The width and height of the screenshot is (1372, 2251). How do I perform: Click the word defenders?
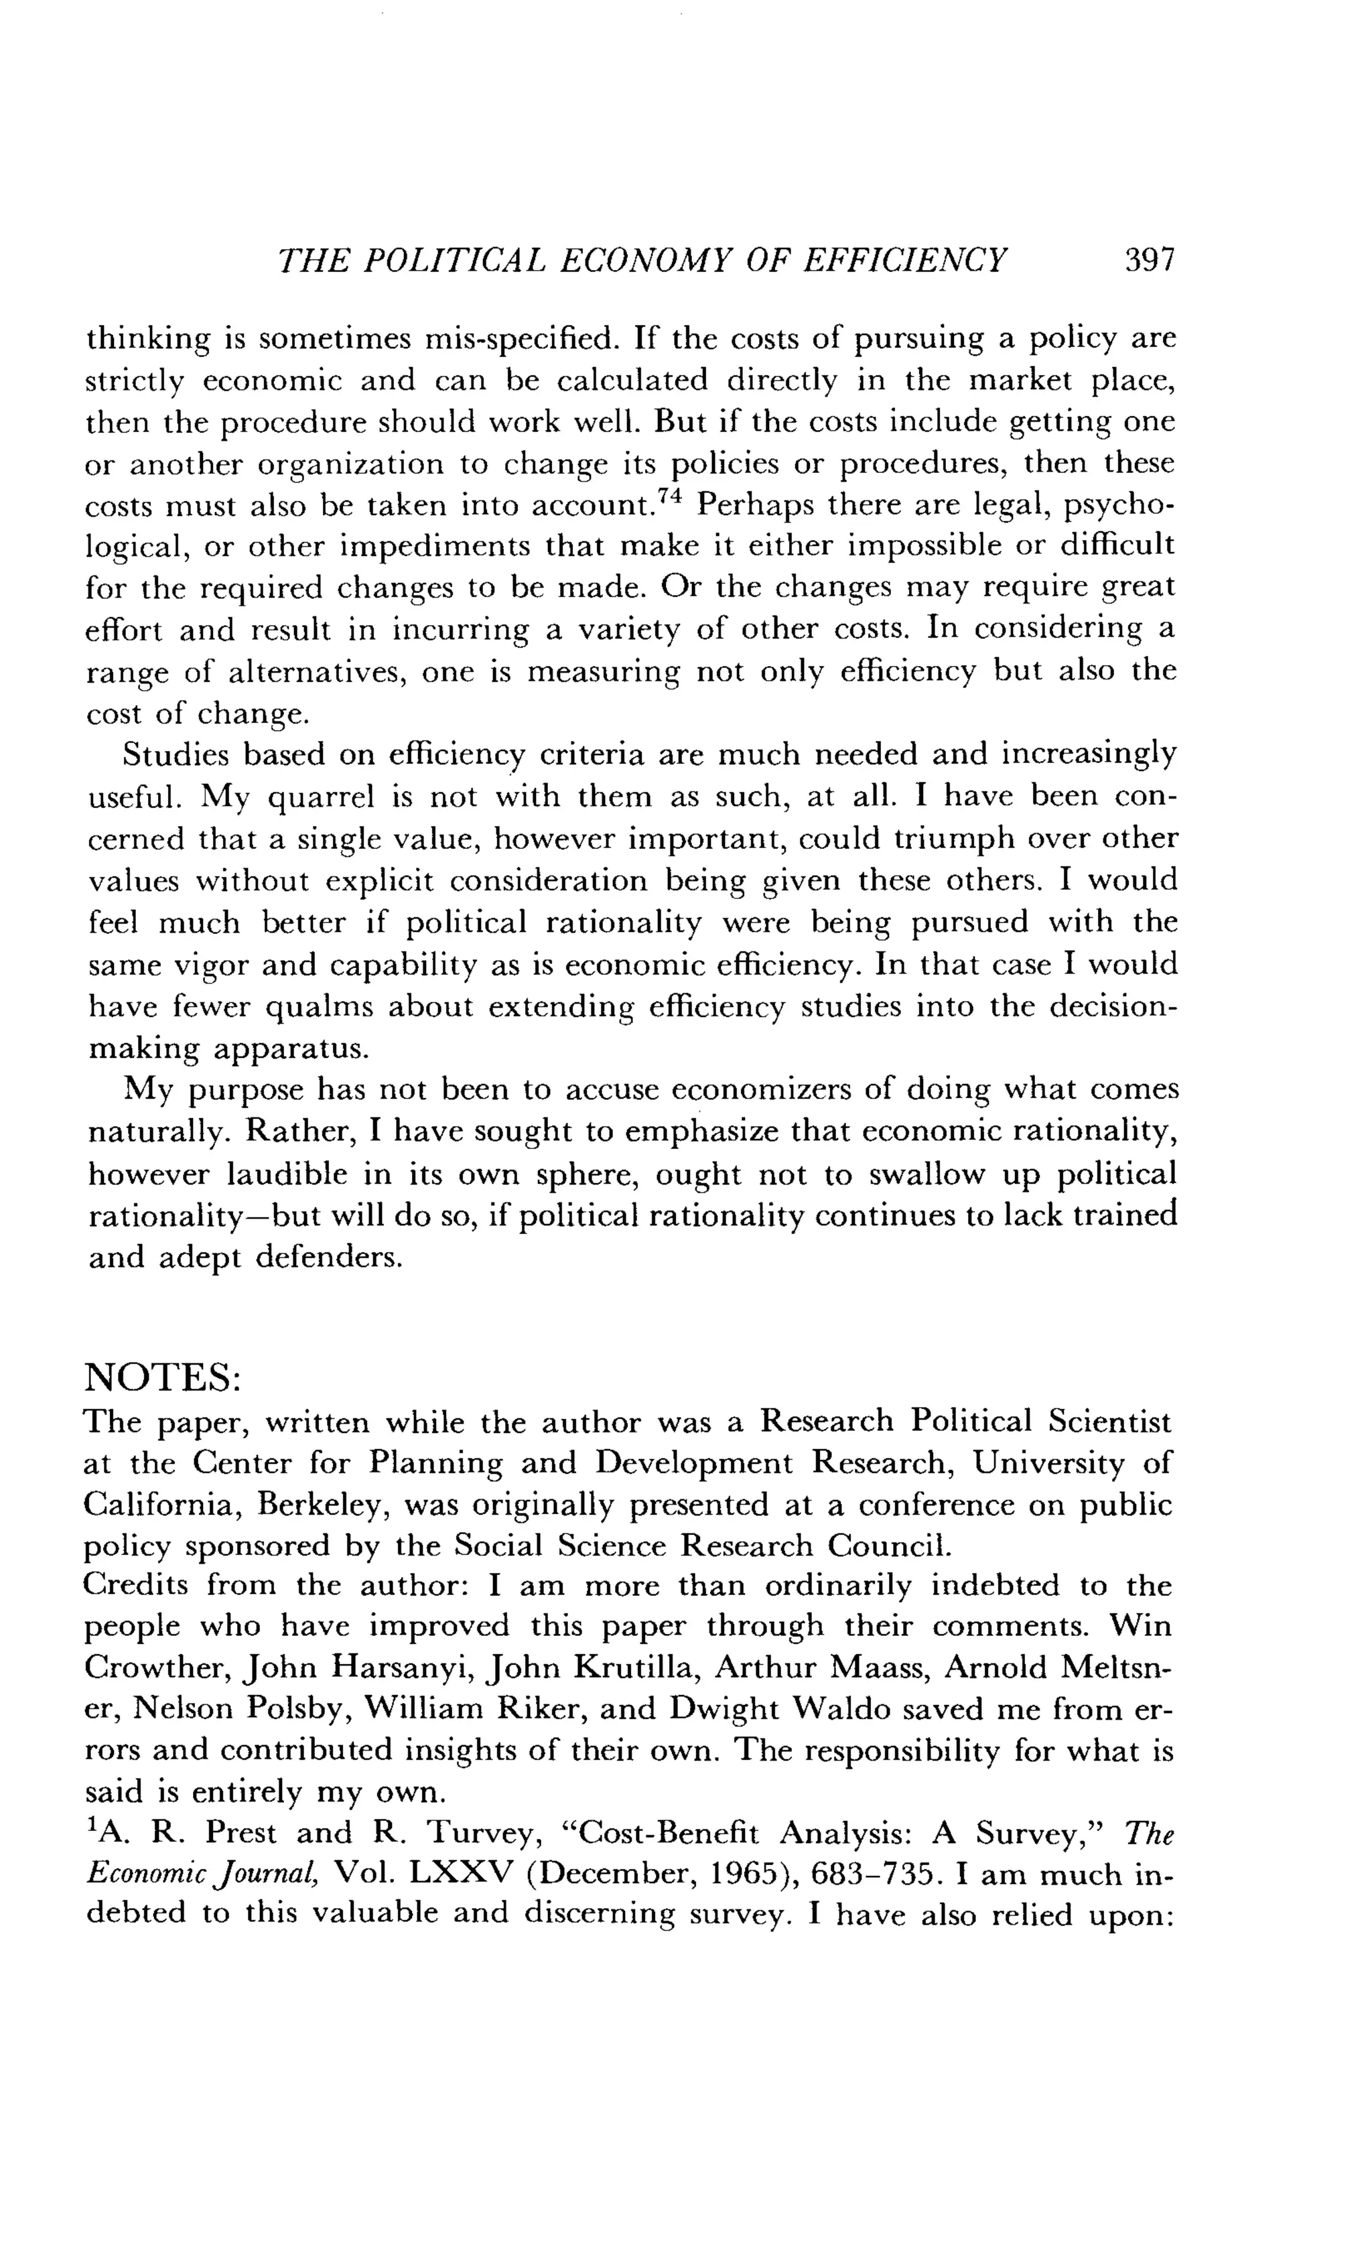point(329,1258)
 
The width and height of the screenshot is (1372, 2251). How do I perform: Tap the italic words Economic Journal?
point(202,1874)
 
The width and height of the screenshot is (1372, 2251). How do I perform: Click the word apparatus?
point(291,1048)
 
